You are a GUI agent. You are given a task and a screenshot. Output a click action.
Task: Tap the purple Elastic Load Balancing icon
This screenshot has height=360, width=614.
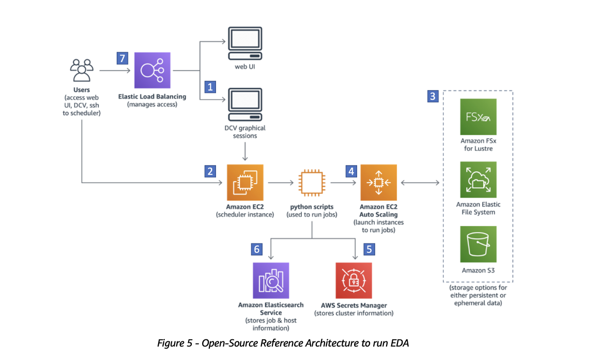[x=152, y=70]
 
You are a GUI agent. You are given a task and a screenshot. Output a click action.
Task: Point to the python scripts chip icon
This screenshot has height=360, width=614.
[x=312, y=182]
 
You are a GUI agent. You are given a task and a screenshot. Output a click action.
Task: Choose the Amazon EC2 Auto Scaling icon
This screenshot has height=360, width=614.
[x=378, y=182]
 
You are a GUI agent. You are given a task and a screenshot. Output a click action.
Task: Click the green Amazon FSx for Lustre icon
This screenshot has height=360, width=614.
[x=478, y=117]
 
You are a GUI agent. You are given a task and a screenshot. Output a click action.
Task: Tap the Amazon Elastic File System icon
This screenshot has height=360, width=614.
[x=478, y=180]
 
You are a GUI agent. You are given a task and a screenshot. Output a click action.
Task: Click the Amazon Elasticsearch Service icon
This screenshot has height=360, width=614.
[x=271, y=280]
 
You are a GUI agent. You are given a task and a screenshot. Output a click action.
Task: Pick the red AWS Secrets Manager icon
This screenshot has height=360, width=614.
[x=354, y=280]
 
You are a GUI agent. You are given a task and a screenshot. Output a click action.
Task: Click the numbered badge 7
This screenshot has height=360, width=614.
[x=122, y=58]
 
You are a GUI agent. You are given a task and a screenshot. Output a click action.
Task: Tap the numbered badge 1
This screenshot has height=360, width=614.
[x=209, y=86]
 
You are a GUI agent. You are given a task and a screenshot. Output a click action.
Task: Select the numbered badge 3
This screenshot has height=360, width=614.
[x=433, y=96]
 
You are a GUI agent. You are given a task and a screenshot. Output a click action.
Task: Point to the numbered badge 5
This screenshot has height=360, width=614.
[x=369, y=249]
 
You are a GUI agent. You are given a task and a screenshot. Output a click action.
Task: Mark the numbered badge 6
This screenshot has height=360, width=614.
[x=257, y=249]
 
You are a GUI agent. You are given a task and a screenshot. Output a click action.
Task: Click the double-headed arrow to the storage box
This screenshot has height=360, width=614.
[x=420, y=182]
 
